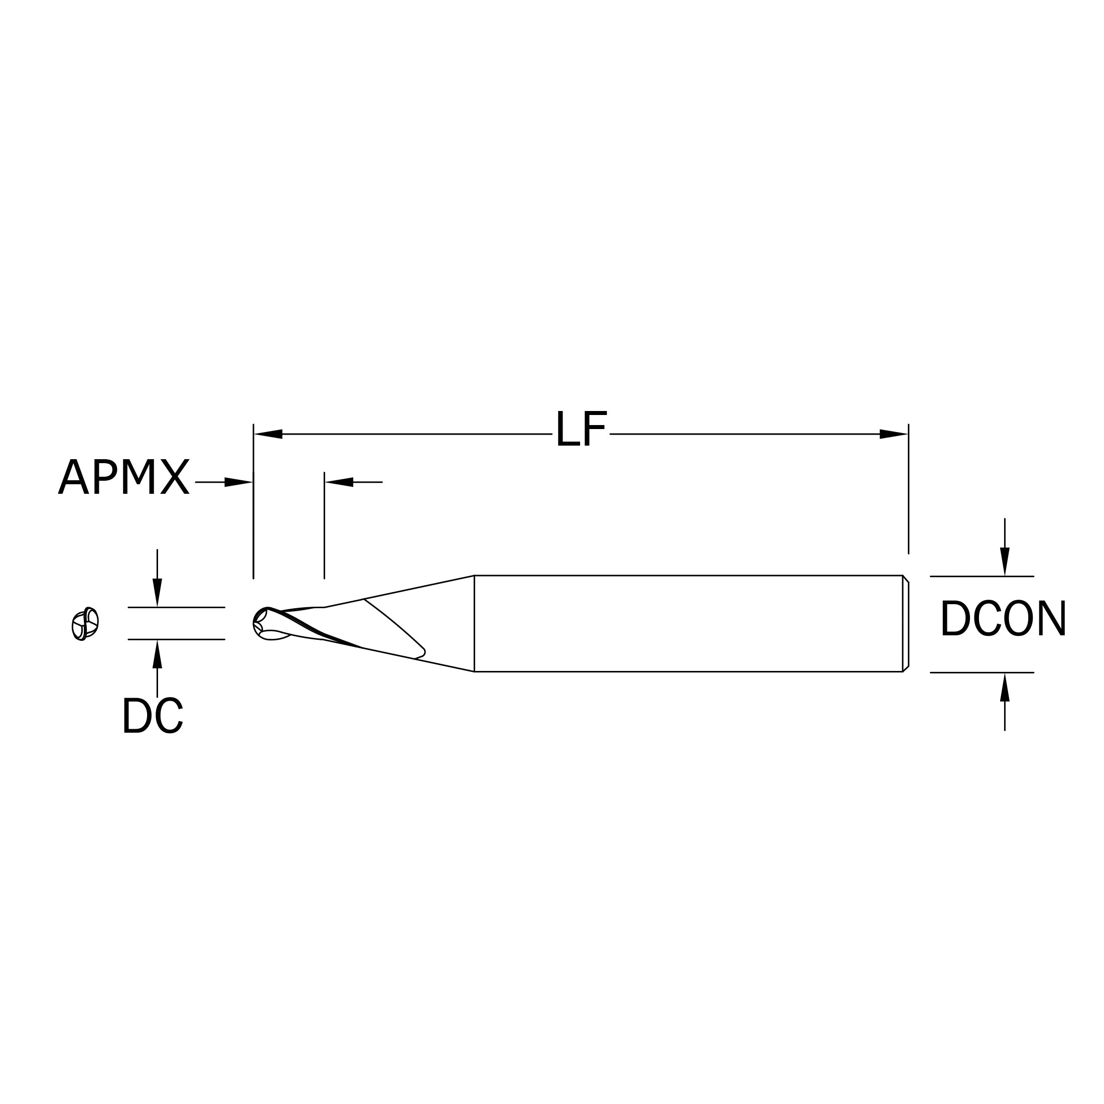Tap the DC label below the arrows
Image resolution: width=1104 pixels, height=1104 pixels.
coord(152,716)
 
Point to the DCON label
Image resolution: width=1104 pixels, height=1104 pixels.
coord(1003,618)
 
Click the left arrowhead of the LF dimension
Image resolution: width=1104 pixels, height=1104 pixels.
coord(268,434)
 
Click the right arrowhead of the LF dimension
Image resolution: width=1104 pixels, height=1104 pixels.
coord(894,434)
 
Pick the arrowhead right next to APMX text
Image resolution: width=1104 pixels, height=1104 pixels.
coord(238,482)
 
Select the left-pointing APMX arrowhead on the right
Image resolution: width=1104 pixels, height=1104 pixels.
coord(339,482)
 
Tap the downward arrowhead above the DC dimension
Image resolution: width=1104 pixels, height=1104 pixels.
coord(157,592)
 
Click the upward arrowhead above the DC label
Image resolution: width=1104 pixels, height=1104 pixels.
coord(157,654)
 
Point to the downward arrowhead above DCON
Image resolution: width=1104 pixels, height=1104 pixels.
coord(1005,561)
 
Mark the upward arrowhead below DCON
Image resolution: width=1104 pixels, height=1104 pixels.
coord(1005,687)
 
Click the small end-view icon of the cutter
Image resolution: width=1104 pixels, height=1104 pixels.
coord(85,624)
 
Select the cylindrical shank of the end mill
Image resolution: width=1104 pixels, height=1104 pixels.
coord(685,623)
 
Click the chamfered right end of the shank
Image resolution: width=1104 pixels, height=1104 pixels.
coord(906,623)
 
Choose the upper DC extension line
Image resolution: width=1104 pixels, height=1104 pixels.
coord(176,607)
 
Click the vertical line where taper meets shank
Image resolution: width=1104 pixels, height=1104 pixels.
coord(474,623)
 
